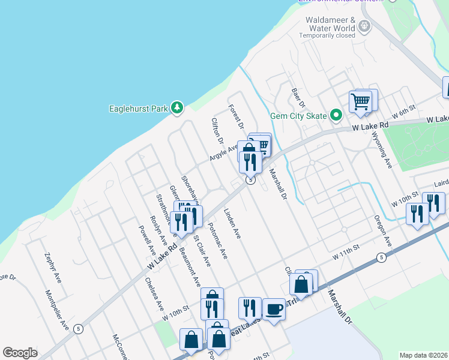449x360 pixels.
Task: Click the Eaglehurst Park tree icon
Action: coord(177,108)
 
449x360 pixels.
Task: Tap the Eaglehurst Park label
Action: coord(137,109)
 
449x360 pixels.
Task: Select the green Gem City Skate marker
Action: coord(336,115)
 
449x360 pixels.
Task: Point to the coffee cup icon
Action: coord(274,309)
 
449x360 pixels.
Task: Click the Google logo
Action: coord(20,352)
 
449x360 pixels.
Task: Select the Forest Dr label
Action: coord(235,117)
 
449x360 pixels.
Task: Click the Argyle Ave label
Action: coord(224,151)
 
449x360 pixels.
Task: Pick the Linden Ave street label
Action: coord(232,225)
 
